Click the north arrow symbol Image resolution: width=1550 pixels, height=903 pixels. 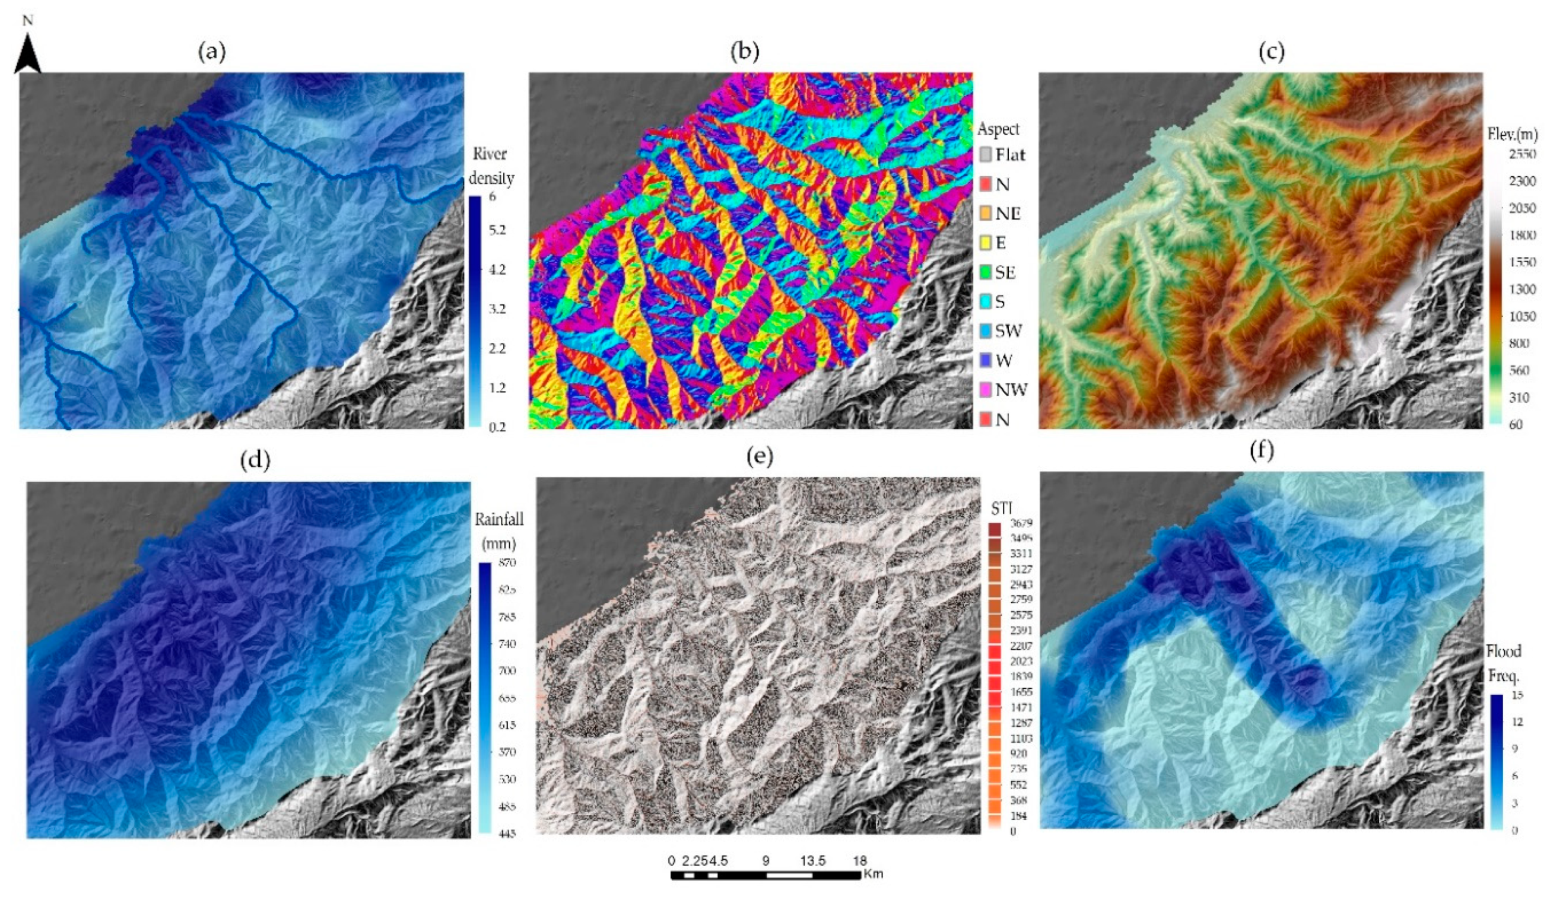pyautogui.click(x=28, y=54)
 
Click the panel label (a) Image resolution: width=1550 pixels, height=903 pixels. pyautogui.click(x=212, y=52)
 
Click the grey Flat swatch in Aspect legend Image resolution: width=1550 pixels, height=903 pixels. pyautogui.click(x=986, y=154)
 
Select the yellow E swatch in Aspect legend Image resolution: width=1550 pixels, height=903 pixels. pyautogui.click(x=986, y=243)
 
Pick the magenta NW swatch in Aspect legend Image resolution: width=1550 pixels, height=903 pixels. pyautogui.click(x=986, y=390)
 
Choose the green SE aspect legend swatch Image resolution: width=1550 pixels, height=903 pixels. pyautogui.click(x=986, y=272)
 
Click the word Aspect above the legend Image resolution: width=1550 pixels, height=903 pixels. pyautogui.click(x=998, y=129)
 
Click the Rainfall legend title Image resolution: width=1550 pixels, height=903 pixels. pyautogui.click(x=499, y=520)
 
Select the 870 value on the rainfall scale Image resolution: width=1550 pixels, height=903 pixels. pyautogui.click(x=507, y=563)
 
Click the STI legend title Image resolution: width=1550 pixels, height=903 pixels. pyautogui.click(x=1002, y=508)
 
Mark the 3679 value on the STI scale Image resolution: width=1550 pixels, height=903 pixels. pyautogui.click(x=1021, y=523)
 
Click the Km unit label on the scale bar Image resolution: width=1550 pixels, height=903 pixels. pyautogui.click(x=874, y=873)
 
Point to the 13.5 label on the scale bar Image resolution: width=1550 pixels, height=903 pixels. pyautogui.click(x=812, y=860)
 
